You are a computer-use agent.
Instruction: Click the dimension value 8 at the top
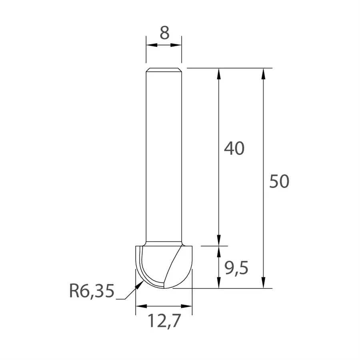pos(164,33)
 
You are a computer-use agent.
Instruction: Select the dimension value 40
pos(234,149)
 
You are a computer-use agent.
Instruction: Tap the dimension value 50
pos(279,182)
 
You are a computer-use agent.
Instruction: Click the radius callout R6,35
pos(92,292)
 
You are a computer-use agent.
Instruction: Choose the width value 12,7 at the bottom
pos(164,321)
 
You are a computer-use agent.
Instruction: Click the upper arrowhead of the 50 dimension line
pos(263,74)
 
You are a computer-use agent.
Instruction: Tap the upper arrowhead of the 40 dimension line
pos(219,74)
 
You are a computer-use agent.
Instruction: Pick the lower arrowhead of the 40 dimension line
pos(219,240)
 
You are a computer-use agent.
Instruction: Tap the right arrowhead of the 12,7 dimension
pos(187,306)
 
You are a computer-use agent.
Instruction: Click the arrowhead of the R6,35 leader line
pos(140,284)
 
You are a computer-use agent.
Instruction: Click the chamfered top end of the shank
pos(164,70)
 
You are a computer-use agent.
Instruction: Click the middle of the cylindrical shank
pos(164,156)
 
